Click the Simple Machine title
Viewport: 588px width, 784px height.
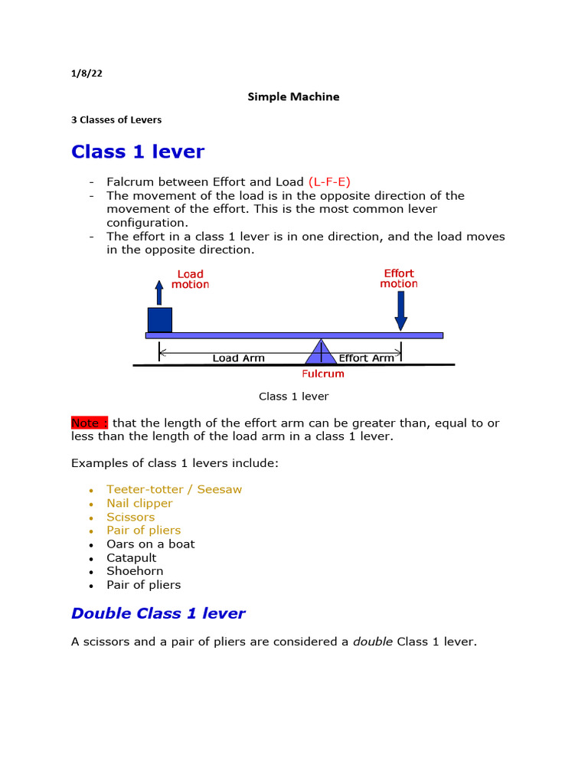[x=293, y=97]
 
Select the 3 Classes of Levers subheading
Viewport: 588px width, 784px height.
[x=116, y=120]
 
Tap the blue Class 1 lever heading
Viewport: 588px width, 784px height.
[x=138, y=152]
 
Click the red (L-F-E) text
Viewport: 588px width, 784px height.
[x=329, y=182]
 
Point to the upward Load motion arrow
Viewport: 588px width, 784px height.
[x=159, y=292]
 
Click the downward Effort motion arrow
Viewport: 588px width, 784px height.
[x=400, y=310]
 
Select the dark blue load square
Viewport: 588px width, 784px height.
[x=159, y=320]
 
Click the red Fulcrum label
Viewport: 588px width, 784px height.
[x=322, y=374]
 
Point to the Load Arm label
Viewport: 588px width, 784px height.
[x=238, y=358]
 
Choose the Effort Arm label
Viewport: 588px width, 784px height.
[x=367, y=358]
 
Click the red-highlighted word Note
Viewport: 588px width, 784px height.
[x=90, y=423]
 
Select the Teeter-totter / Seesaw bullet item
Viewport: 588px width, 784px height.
[x=175, y=489]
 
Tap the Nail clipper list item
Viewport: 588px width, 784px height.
[x=139, y=503]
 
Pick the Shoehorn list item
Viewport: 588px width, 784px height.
[x=135, y=571]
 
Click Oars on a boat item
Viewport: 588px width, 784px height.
[x=151, y=544]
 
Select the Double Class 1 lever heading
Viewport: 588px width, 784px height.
[x=158, y=613]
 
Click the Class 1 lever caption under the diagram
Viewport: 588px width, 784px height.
[x=293, y=397]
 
